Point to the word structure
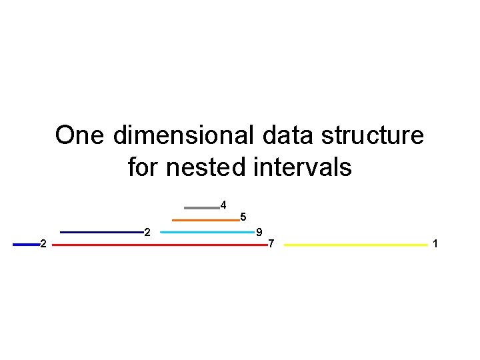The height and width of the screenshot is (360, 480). click(372, 135)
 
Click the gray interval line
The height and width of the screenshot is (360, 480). click(201, 207)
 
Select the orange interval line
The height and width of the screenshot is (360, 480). click(205, 220)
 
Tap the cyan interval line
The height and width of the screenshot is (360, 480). click(207, 233)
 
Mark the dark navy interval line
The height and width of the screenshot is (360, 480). click(101, 233)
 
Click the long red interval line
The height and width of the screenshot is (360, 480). click(159, 245)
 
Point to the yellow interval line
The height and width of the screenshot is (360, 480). click(355, 245)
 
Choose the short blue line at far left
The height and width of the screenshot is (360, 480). click(26, 245)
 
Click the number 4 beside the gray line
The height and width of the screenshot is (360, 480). click(223, 204)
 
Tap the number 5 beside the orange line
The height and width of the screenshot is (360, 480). click(243, 217)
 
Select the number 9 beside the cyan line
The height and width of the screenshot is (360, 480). click(259, 232)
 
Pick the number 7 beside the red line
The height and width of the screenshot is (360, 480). click(271, 244)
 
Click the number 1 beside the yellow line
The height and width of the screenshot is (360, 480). click(435, 244)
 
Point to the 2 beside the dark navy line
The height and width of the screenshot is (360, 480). click(147, 232)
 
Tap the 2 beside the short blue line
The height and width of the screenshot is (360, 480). click(43, 244)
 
